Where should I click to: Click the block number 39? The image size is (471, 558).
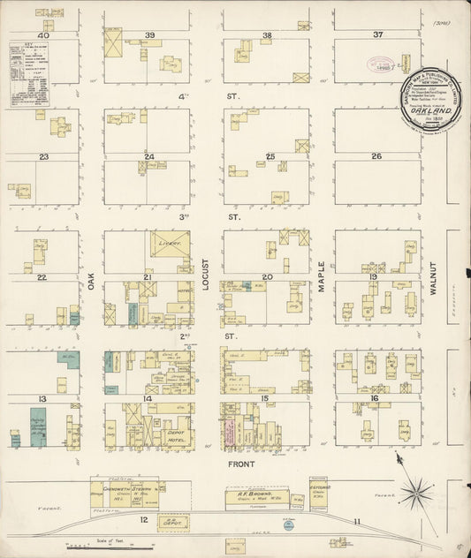point(150,35)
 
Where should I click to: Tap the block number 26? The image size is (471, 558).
point(376,156)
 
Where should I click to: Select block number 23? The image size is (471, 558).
point(42,156)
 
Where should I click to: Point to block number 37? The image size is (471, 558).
point(377,35)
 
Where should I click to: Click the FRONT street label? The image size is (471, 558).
point(240,464)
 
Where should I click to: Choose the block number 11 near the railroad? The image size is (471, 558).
point(357,522)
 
